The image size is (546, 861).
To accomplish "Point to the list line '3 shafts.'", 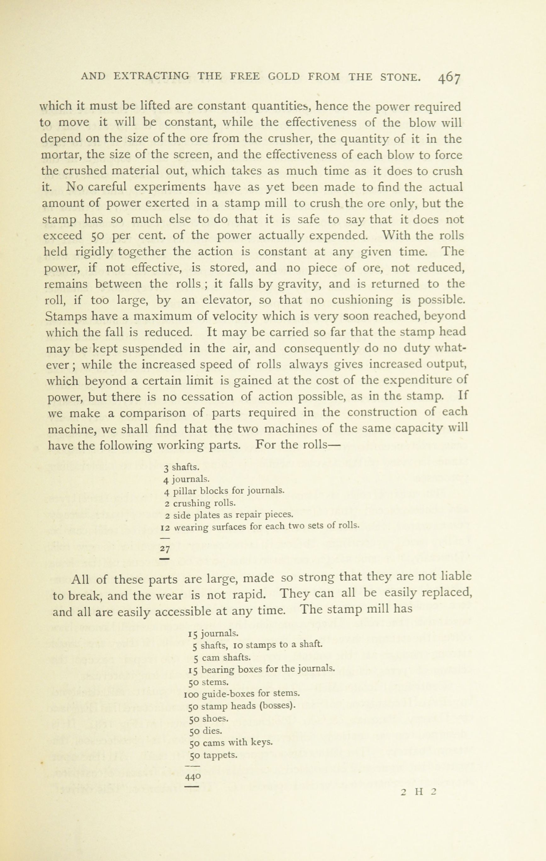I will point(182,467).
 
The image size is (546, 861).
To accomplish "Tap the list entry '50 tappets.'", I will point(213,755).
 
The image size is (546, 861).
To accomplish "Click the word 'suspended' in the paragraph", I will point(146,348).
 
